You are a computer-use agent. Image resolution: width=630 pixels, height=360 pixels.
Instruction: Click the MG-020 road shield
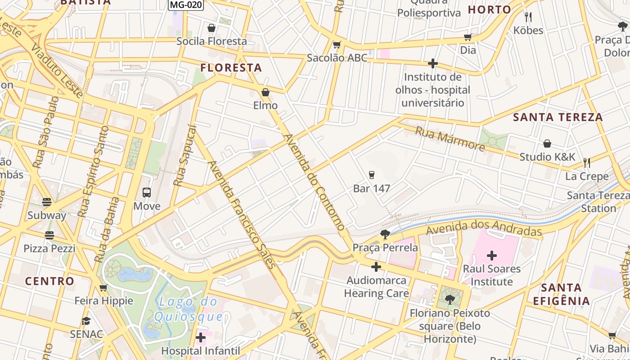186,5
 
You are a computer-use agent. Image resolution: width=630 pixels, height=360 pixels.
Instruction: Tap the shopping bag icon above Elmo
265,93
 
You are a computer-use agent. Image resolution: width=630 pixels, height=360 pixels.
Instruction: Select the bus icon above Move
147,193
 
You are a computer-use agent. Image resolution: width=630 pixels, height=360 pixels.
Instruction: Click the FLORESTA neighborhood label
231,68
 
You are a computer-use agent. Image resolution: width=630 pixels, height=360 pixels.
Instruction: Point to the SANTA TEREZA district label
558,117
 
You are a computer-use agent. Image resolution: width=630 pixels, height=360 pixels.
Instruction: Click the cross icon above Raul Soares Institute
492,256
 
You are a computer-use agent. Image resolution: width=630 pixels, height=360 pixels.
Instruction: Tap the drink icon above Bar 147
371,175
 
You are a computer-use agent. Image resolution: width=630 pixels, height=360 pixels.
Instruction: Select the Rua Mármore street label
450,139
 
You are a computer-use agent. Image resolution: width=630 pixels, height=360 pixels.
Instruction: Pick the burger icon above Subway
47,202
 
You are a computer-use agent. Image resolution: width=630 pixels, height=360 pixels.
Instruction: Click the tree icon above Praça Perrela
385,234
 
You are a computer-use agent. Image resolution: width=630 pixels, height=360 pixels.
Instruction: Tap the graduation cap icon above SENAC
86,321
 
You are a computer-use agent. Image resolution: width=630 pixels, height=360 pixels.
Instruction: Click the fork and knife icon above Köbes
528,17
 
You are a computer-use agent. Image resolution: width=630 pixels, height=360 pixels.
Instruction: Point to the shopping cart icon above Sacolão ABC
337,45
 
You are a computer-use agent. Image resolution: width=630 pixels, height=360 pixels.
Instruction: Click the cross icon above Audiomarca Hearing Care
376,267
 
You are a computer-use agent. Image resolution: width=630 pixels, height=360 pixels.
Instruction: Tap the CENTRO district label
49,281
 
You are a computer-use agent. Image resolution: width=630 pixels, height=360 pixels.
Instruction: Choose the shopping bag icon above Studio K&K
547,144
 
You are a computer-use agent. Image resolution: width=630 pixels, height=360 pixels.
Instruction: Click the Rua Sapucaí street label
185,156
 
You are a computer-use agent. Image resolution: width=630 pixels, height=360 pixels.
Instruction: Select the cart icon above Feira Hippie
103,288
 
